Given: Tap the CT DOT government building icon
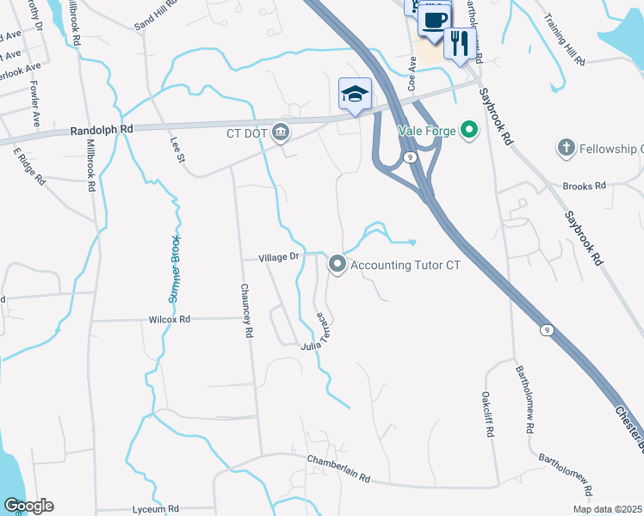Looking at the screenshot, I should [x=281, y=132].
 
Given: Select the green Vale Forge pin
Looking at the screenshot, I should [x=468, y=131].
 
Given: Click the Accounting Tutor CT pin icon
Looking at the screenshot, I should [x=337, y=265].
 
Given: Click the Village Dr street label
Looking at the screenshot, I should [x=279, y=256].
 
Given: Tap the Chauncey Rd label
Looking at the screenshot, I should [x=246, y=310].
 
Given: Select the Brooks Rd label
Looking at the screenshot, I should [x=585, y=185].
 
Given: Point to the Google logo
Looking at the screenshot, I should [x=28, y=506].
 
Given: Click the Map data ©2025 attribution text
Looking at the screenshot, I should [x=607, y=508].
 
